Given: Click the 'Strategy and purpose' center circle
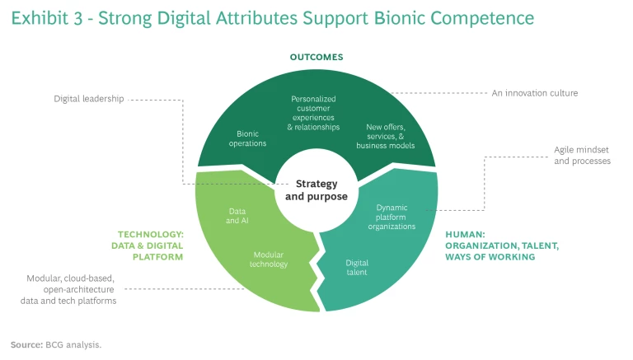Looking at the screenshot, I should click(x=316, y=190).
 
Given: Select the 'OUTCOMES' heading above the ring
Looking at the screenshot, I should click(x=316, y=57).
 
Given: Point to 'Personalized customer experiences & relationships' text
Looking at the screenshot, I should click(x=314, y=113).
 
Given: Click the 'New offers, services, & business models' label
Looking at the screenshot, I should click(x=385, y=136).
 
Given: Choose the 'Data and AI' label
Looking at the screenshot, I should click(x=237, y=216).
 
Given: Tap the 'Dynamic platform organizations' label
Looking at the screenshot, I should click(x=391, y=217).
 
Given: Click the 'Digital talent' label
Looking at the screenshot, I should click(x=357, y=267).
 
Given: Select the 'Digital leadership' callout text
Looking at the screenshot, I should click(x=89, y=99).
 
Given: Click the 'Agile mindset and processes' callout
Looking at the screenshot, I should click(x=582, y=156).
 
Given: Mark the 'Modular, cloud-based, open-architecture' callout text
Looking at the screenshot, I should click(x=68, y=290).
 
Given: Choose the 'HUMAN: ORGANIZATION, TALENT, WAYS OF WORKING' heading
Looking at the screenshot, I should click(x=502, y=245).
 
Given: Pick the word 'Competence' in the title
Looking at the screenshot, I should click(x=489, y=17).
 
